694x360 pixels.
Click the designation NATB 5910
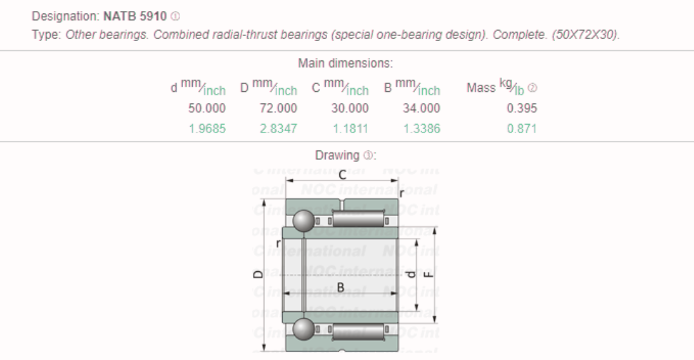coord(134,15)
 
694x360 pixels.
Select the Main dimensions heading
coord(345,64)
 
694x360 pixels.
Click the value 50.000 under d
coord(206,109)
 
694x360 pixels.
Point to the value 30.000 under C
coord(350,109)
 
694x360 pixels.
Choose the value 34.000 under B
coord(421,109)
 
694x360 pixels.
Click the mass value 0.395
coord(522,109)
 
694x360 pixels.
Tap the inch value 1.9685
coord(206,129)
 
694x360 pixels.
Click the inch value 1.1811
coord(350,129)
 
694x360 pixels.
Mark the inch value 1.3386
coord(421,129)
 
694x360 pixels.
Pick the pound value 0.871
coord(522,129)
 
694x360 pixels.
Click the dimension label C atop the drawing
coord(342,174)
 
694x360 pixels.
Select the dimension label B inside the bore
coord(341,287)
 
